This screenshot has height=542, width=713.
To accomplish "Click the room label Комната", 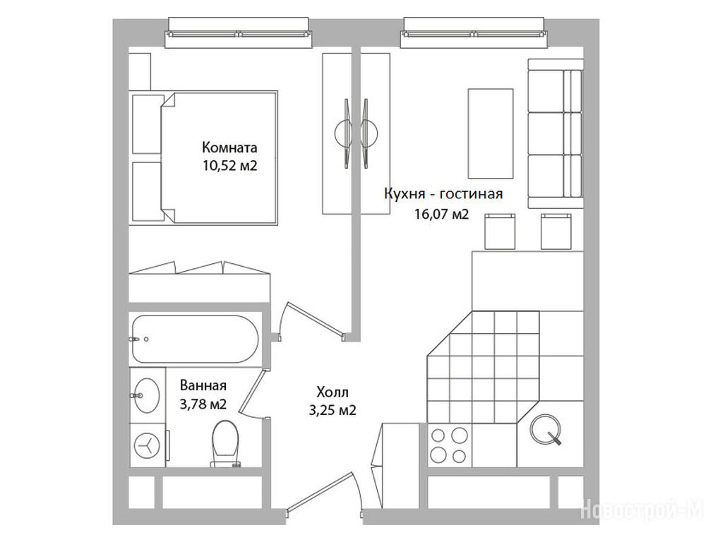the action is point(229,147).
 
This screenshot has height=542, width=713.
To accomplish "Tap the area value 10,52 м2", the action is point(230,166).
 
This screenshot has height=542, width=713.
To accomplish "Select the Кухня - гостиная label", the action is point(443,194).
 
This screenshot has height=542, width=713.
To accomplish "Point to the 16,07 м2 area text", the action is point(441,214).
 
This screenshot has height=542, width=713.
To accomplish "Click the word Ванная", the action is point(203,385).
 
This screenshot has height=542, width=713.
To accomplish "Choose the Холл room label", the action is point(332,392).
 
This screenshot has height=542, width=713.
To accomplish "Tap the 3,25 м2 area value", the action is point(332,411).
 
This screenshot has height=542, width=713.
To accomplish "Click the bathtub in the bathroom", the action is point(195,339).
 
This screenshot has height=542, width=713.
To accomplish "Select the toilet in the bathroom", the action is point(225,443).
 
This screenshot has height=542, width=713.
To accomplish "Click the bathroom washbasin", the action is point(146,395).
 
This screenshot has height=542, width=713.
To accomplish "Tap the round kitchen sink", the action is point(546,429).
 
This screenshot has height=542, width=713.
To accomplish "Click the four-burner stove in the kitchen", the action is point(449,445).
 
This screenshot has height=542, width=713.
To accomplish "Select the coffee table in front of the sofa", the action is point(491,133).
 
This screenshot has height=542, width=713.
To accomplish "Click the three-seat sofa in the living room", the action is point(555,133).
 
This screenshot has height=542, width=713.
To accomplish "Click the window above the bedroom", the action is point(239,32).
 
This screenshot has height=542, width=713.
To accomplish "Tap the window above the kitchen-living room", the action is point(474,32).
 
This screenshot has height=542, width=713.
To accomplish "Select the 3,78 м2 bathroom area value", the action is point(203,404).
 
